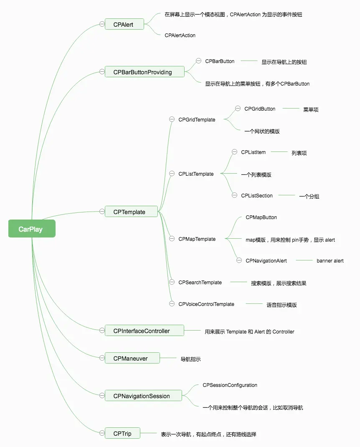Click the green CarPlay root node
pyautogui.click(x=32, y=229)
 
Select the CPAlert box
pyautogui.click(x=124, y=24)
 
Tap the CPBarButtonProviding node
pyautogui.click(x=145, y=72)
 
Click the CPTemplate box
pyautogui.click(x=131, y=212)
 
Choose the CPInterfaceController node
pyautogui.click(x=145, y=331)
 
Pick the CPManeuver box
pyautogui.click(x=132, y=358)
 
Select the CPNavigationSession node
pyautogui.click(x=143, y=396)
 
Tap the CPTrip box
pyautogui.click(x=122, y=433)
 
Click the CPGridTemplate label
pyautogui.click(x=197, y=120)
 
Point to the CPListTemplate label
pyautogui.click(x=196, y=174)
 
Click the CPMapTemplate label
pyautogui.click(x=197, y=239)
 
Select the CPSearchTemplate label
pyautogui.click(x=200, y=282)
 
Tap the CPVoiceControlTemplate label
pyautogui.click(x=206, y=304)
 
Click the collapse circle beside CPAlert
pyautogui.click(x=102, y=24)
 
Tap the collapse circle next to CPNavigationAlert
pyautogui.click(x=239, y=260)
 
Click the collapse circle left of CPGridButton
pyautogui.click(x=238, y=109)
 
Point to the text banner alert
pyautogui.click(x=330, y=260)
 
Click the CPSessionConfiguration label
pyautogui.click(x=230, y=385)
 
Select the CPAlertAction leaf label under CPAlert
pyautogui.click(x=180, y=35)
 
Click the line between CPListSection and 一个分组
pyautogui.click(x=286, y=195)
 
